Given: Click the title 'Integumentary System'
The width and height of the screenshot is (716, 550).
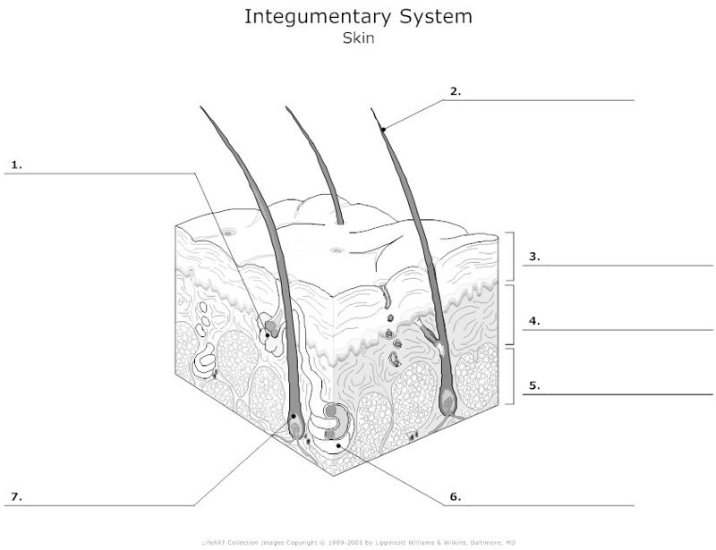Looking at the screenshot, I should pyautogui.click(x=358, y=17).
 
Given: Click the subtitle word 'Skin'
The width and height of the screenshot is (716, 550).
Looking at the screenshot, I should pyautogui.click(x=358, y=39).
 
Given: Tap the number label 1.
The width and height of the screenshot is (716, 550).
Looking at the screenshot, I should pyautogui.click(x=16, y=165).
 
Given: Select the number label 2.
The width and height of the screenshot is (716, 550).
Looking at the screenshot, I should pyautogui.click(x=456, y=90).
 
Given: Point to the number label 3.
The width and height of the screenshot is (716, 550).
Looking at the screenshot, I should pyautogui.click(x=534, y=257).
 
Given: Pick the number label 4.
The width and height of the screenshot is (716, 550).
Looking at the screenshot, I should pyautogui.click(x=534, y=321).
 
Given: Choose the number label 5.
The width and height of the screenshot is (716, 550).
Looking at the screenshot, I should pyautogui.click(x=534, y=386).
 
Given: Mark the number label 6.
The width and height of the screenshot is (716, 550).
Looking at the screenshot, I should pyautogui.click(x=455, y=496).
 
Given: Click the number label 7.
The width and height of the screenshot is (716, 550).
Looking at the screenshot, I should pyautogui.click(x=15, y=496).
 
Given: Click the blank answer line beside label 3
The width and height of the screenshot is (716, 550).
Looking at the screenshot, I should pyautogui.click(x=626, y=266).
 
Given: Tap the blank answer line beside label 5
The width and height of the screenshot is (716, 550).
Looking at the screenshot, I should pyautogui.click(x=626, y=394).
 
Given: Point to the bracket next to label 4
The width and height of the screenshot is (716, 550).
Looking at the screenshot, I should pyautogui.click(x=511, y=314).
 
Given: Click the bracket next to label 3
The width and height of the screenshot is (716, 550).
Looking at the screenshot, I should pyautogui.click(x=511, y=258).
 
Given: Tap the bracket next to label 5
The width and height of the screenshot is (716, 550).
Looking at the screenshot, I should pyautogui.click(x=511, y=377).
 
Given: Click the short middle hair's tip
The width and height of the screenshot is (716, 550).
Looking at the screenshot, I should pyautogui.click(x=286, y=108).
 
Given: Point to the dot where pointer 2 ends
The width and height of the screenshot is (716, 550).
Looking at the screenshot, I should pyautogui.click(x=383, y=131).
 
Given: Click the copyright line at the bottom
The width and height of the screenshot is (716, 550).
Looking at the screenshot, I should pyautogui.click(x=358, y=542).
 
